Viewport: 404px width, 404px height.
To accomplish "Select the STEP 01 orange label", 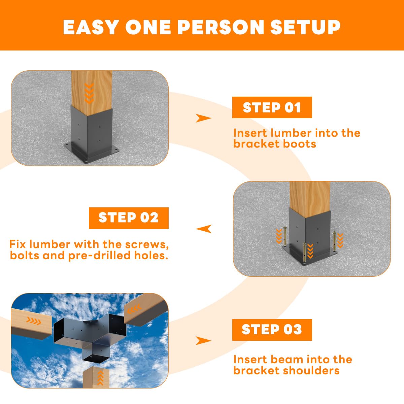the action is pyautogui.click(x=272, y=107).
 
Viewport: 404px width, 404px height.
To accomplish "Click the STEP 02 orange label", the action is pyautogui.click(x=129, y=218).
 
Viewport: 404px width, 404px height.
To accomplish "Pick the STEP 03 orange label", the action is pyautogui.click(x=272, y=330).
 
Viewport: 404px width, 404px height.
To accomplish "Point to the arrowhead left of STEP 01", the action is pyautogui.click(x=203, y=118).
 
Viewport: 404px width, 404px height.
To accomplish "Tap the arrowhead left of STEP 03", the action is pyautogui.click(x=203, y=341).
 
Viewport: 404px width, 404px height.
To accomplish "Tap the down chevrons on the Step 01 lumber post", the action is pyautogui.click(x=89, y=94).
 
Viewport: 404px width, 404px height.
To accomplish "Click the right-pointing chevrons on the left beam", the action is pyautogui.click(x=34, y=321).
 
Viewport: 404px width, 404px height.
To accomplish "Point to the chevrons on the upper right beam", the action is pyautogui.click(x=134, y=309).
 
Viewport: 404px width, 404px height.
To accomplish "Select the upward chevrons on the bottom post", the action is pyautogui.click(x=100, y=378).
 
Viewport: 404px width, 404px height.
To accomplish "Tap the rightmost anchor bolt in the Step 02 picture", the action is pyautogui.click(x=334, y=241).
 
